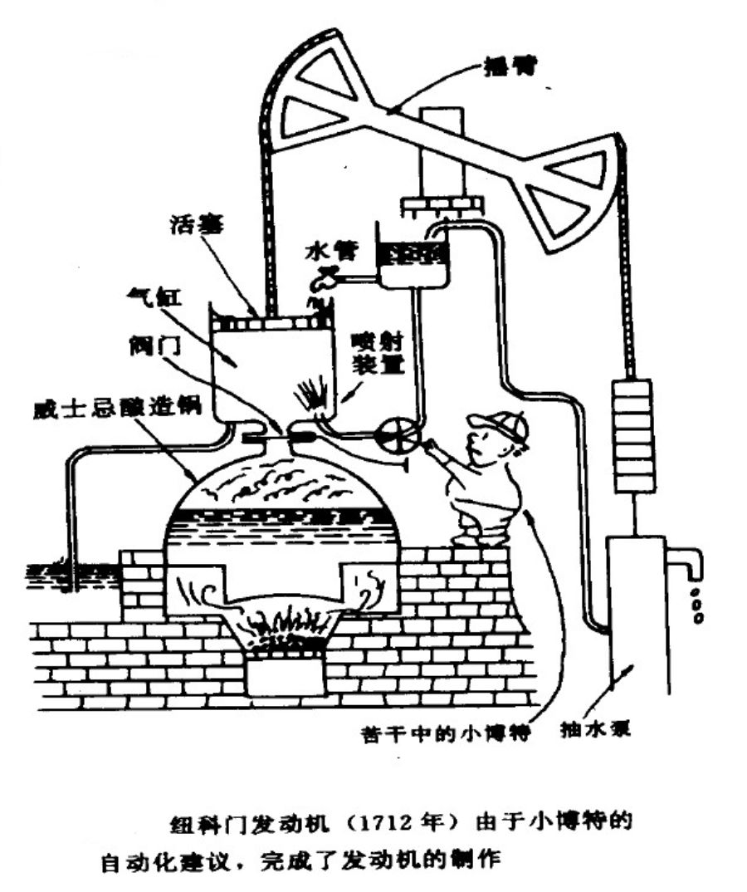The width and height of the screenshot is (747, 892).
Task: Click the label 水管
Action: click(320, 247)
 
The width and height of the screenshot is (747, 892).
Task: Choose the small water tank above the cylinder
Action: click(413, 259)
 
